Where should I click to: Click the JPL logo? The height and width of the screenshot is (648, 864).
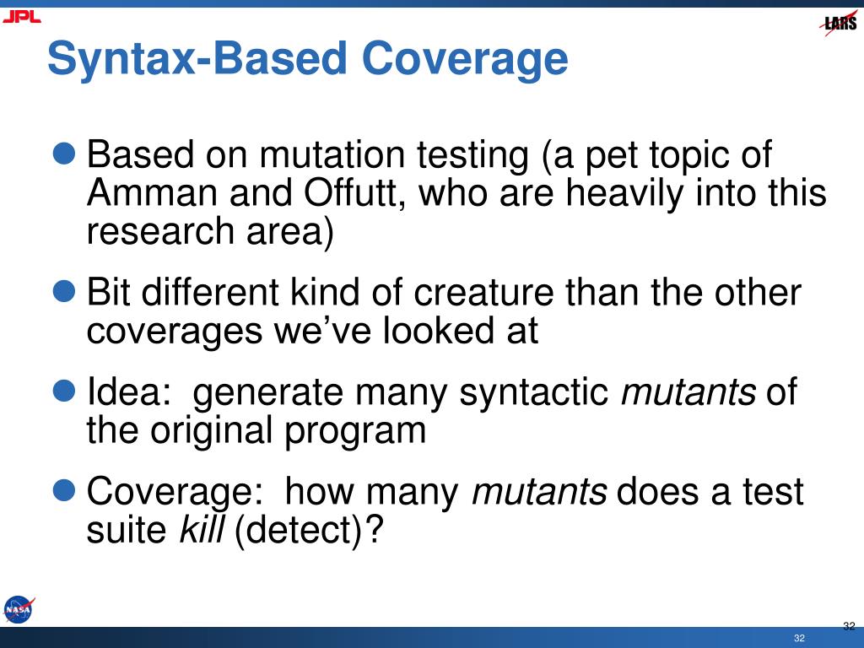(21, 17)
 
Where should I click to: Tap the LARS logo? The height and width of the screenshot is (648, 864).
(839, 23)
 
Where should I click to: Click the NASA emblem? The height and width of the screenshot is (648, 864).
(19, 609)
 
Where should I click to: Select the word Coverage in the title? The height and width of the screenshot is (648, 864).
(465, 59)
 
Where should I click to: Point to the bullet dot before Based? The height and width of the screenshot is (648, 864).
(64, 153)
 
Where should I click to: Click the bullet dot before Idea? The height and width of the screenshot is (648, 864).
(64, 390)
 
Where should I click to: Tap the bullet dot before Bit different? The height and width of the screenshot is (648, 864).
(64, 290)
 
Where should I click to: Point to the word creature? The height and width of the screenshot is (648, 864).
(483, 292)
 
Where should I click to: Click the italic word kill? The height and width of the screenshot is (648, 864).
(202, 529)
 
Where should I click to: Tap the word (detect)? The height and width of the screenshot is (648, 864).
(308, 531)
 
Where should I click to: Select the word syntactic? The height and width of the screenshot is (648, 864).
(533, 393)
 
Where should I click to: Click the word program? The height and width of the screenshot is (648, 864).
(355, 432)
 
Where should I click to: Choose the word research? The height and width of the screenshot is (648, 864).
(160, 231)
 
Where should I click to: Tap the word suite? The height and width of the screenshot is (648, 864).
(127, 530)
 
